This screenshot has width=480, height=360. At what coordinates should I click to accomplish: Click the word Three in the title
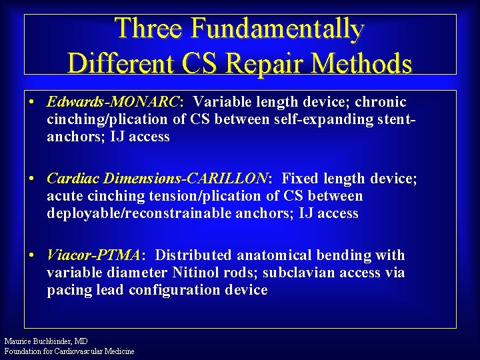148,29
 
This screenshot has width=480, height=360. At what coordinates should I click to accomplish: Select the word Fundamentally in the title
277,29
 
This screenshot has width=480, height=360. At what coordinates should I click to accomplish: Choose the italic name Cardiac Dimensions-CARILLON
157,179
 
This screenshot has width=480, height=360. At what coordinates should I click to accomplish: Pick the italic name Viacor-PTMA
93,255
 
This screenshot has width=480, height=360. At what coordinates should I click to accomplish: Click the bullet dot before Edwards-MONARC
32,103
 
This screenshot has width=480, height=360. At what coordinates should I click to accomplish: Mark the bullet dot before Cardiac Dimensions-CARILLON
32,179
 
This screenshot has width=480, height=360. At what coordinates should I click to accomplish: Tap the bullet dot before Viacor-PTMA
32,256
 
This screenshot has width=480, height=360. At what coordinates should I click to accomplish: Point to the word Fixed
300,179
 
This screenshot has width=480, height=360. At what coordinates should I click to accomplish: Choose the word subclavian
295,273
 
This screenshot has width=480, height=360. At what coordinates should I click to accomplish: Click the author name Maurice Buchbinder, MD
45,341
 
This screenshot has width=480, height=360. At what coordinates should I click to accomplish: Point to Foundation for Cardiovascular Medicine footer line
69,351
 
